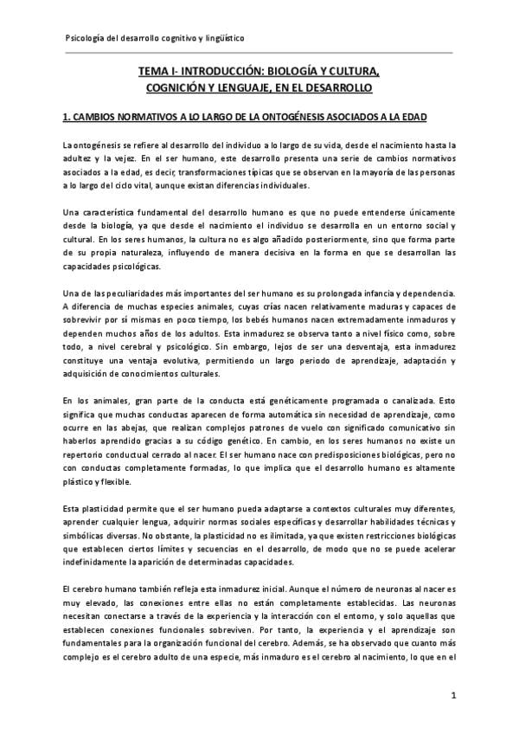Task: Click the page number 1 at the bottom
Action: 453,695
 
